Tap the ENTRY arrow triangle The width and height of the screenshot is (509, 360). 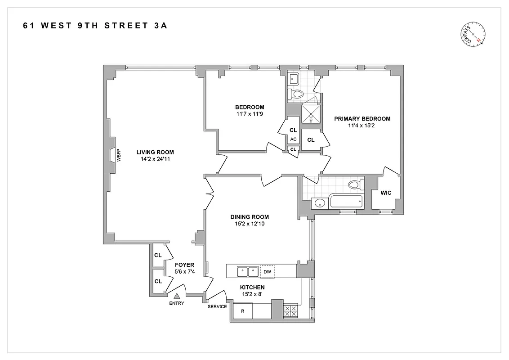177,296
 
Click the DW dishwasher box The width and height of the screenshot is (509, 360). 267,271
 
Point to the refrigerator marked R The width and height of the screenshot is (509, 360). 242,311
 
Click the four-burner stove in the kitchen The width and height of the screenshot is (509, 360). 290,311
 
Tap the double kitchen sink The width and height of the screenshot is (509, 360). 247,271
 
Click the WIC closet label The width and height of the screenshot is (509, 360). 386,193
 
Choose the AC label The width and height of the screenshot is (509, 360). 293,139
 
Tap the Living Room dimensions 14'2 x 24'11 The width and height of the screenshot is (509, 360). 155,159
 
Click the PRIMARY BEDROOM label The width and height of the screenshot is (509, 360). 362,119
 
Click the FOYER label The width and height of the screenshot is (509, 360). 184,265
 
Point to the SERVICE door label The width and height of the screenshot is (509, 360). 217,306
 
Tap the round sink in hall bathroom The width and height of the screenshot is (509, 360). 319,202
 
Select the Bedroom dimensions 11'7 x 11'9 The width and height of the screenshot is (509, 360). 250,114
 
